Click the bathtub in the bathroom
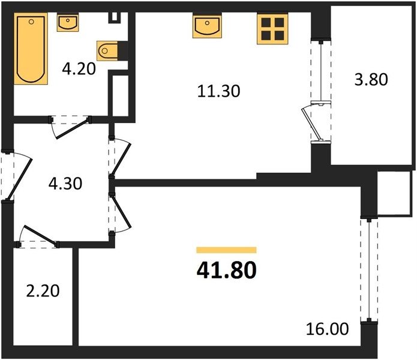tap(31, 49)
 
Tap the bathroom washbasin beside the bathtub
tap(68, 23)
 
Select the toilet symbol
tap(107, 50)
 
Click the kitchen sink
tap(207, 26)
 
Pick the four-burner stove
tap(272, 29)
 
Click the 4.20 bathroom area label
tap(79, 69)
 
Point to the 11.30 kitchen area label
tap(218, 91)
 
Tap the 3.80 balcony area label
tap(371, 79)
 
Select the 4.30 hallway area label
tap(65, 184)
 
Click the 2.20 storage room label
tap(43, 291)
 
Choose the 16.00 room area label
tap(327, 329)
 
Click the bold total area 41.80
tap(227, 270)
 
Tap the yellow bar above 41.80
tap(226, 250)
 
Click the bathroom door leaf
tap(72, 129)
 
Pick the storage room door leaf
tap(40, 235)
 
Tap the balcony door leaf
tap(311, 124)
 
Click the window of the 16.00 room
tap(369, 270)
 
